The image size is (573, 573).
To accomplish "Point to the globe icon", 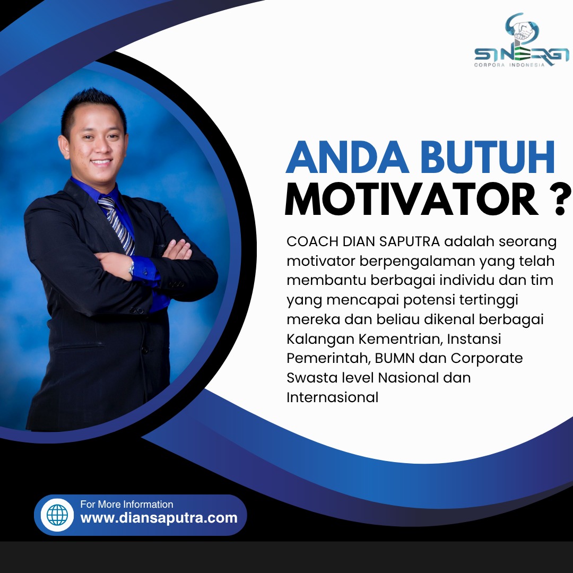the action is pyautogui.click(x=57, y=515).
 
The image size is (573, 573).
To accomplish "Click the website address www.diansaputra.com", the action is pyautogui.click(x=159, y=518).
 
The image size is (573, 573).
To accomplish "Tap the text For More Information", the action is pyautogui.click(x=127, y=505).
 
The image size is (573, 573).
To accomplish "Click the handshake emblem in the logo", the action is pyautogui.click(x=522, y=30).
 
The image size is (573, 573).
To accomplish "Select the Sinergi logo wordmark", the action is pyautogui.click(x=522, y=55).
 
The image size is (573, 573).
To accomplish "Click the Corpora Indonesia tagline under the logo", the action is pyautogui.click(x=509, y=65).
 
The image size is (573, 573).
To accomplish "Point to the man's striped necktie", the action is pyautogui.click(x=117, y=225).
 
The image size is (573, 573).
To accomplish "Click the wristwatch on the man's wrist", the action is pyautogui.click(x=131, y=268).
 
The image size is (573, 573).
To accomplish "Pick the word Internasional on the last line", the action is pyautogui.click(x=332, y=397).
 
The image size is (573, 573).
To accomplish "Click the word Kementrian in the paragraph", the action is pyautogui.click(x=400, y=339).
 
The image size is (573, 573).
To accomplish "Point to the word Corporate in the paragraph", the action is pyautogui.click(x=487, y=359).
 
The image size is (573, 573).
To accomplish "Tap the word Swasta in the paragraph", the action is pyautogui.click(x=312, y=378).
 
